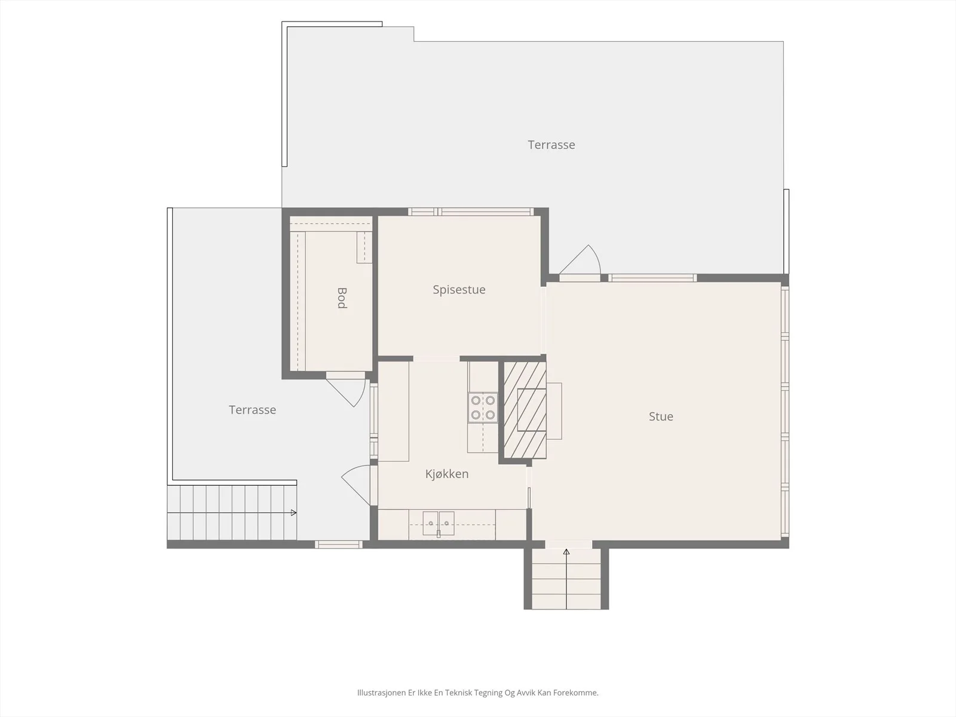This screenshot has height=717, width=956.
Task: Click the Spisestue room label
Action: point(459,290)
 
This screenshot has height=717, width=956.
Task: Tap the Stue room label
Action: point(661,416)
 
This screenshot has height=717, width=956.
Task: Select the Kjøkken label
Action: point(447,474)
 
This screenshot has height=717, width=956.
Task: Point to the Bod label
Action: point(342,298)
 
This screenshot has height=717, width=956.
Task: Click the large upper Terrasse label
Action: point(551,145)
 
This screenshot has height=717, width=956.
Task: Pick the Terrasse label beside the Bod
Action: point(253,410)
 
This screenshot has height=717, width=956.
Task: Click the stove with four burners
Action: point(483,407)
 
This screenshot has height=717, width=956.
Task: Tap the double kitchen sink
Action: point(439,523)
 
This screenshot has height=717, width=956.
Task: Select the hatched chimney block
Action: point(525,410)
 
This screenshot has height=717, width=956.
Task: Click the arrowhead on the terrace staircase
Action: point(294,513)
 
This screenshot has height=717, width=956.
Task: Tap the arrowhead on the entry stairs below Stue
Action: point(566,552)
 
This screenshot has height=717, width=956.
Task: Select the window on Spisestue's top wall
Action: point(471,212)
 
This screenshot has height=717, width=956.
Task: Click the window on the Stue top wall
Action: point(652,278)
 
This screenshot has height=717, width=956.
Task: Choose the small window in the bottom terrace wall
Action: point(338,544)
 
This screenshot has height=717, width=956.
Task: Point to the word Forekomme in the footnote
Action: point(581,693)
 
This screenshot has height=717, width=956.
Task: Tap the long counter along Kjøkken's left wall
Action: point(394,411)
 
